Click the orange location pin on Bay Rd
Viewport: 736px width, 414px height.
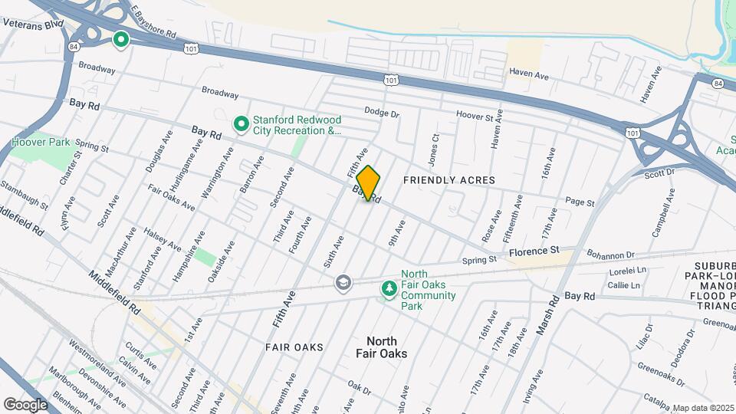point(369,183)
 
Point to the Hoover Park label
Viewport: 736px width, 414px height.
point(40,142)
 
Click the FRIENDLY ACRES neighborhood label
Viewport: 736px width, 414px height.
point(449,180)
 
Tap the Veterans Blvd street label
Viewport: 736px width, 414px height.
point(32,24)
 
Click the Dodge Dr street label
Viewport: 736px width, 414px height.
point(382,113)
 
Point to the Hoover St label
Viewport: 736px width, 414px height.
point(474,116)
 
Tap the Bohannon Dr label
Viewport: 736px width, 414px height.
point(611,255)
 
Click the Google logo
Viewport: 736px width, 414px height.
point(25,404)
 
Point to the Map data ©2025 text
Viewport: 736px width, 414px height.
point(702,408)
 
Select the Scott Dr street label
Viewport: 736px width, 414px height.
point(659,174)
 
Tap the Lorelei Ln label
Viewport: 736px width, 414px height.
point(628,271)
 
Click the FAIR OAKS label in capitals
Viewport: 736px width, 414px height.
point(294,347)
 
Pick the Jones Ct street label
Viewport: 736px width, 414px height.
point(434,149)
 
